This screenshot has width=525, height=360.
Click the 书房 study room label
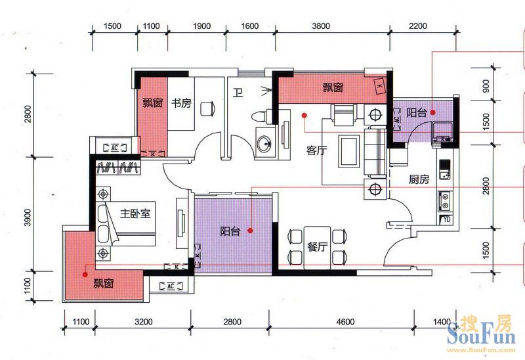(x=181, y=102)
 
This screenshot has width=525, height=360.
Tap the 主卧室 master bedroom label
(x=135, y=214)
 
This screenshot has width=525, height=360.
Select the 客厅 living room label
(x=316, y=150)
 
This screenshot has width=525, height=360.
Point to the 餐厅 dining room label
(x=317, y=247)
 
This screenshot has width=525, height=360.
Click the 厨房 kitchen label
(x=419, y=179)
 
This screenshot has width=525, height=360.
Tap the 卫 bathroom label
(x=238, y=92)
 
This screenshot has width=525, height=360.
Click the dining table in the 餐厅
(x=317, y=248)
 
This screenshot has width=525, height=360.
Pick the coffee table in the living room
(x=349, y=151)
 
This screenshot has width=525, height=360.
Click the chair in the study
(x=208, y=109)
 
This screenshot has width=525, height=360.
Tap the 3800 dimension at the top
(x=321, y=26)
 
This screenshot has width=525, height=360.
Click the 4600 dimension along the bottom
(x=345, y=322)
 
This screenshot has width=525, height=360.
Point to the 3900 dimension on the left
(x=28, y=217)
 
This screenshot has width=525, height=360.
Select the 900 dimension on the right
(x=486, y=86)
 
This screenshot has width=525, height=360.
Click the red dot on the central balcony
(x=251, y=231)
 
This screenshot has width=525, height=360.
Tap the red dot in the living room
(x=304, y=116)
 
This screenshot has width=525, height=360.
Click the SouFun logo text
(x=481, y=333)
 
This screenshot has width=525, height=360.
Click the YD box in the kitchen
(x=446, y=219)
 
